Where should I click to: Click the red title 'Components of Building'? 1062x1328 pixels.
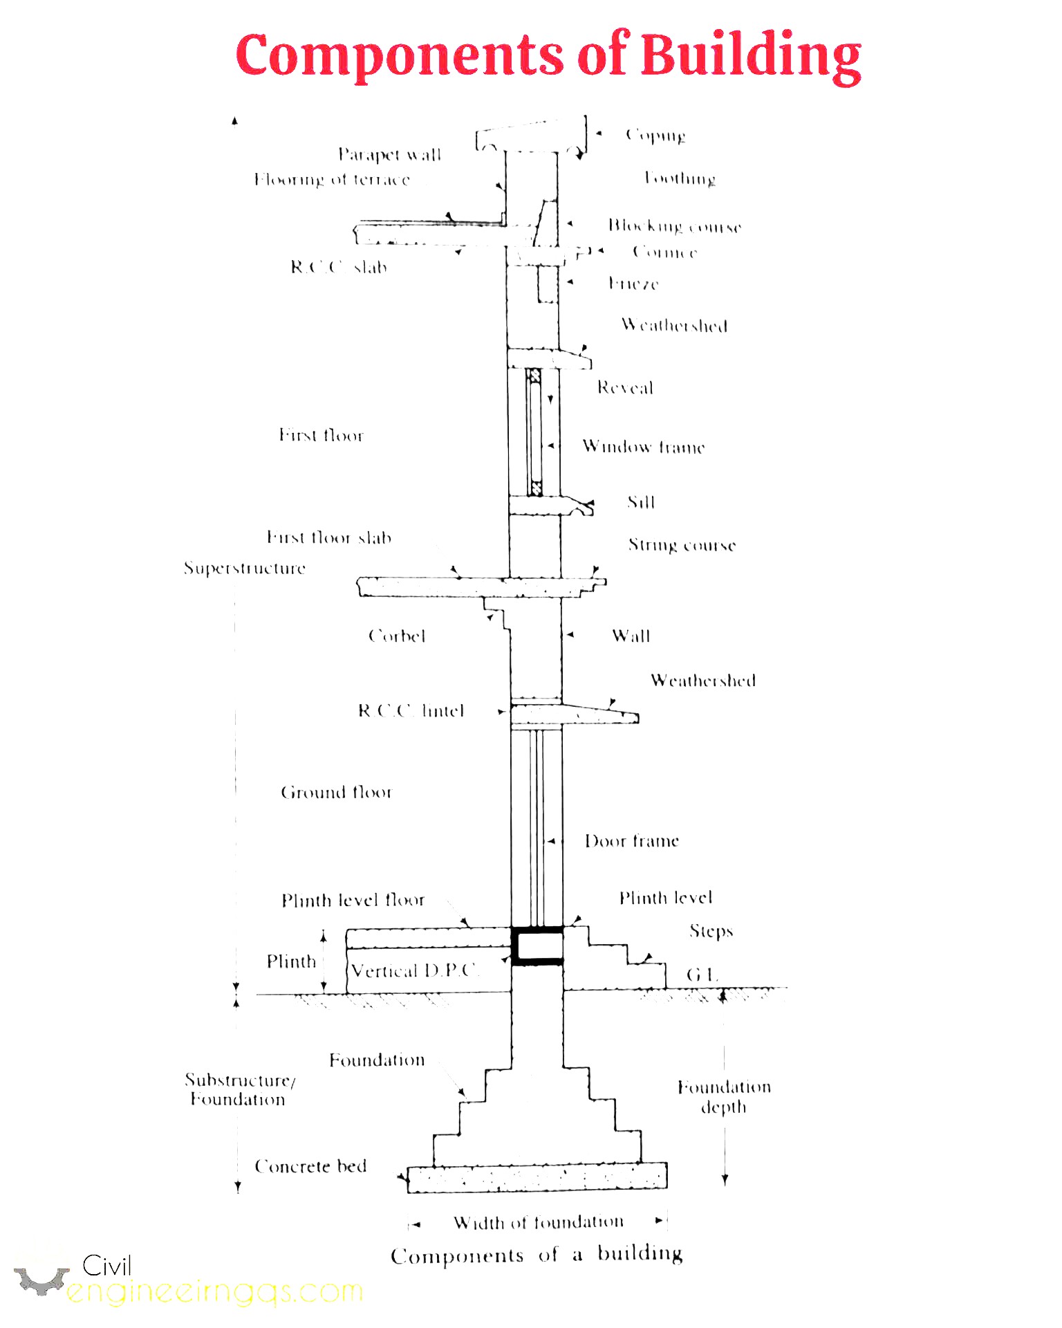click(x=548, y=55)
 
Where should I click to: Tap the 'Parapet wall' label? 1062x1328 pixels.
click(x=389, y=154)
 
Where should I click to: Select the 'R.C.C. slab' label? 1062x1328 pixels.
click(x=338, y=267)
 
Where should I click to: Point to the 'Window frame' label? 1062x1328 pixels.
click(x=643, y=447)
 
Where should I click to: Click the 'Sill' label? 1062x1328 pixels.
click(x=641, y=502)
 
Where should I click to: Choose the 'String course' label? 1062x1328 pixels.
click(x=682, y=546)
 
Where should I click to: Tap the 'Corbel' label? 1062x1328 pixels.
click(x=397, y=636)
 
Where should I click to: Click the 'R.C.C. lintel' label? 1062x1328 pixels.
click(x=411, y=711)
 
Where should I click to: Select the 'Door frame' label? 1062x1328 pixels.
click(x=631, y=841)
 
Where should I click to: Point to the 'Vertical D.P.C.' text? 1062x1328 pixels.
click(x=413, y=971)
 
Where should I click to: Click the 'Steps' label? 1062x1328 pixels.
click(x=711, y=932)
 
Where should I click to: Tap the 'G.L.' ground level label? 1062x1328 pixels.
click(x=702, y=975)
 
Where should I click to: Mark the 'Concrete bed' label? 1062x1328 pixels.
click(x=310, y=1167)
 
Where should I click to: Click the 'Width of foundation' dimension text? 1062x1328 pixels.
click(x=538, y=1223)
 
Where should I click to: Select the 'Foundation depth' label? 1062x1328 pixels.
click(x=724, y=1097)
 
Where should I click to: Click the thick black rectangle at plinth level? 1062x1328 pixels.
click(x=537, y=946)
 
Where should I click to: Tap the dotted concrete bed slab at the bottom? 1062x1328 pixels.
click(x=537, y=1177)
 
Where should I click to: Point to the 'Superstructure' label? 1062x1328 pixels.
click(x=244, y=569)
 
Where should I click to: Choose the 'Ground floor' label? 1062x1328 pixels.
click(x=336, y=793)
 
